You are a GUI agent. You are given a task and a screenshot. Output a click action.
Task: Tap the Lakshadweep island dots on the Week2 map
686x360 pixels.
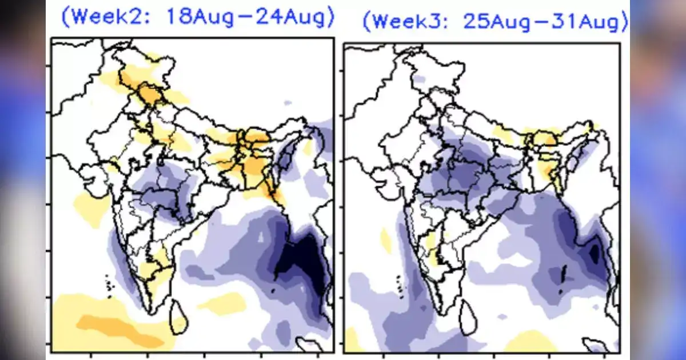coord(109,281)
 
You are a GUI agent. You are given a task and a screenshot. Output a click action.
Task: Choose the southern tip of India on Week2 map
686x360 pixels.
coord(150,311)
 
